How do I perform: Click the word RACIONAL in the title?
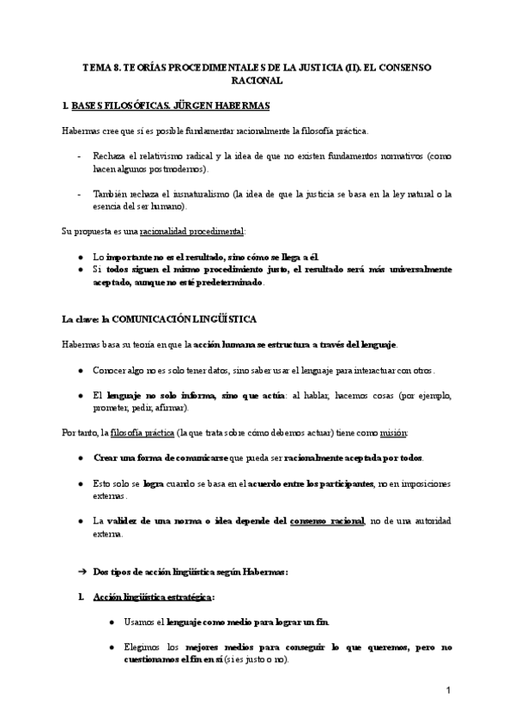tap(257, 80)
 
